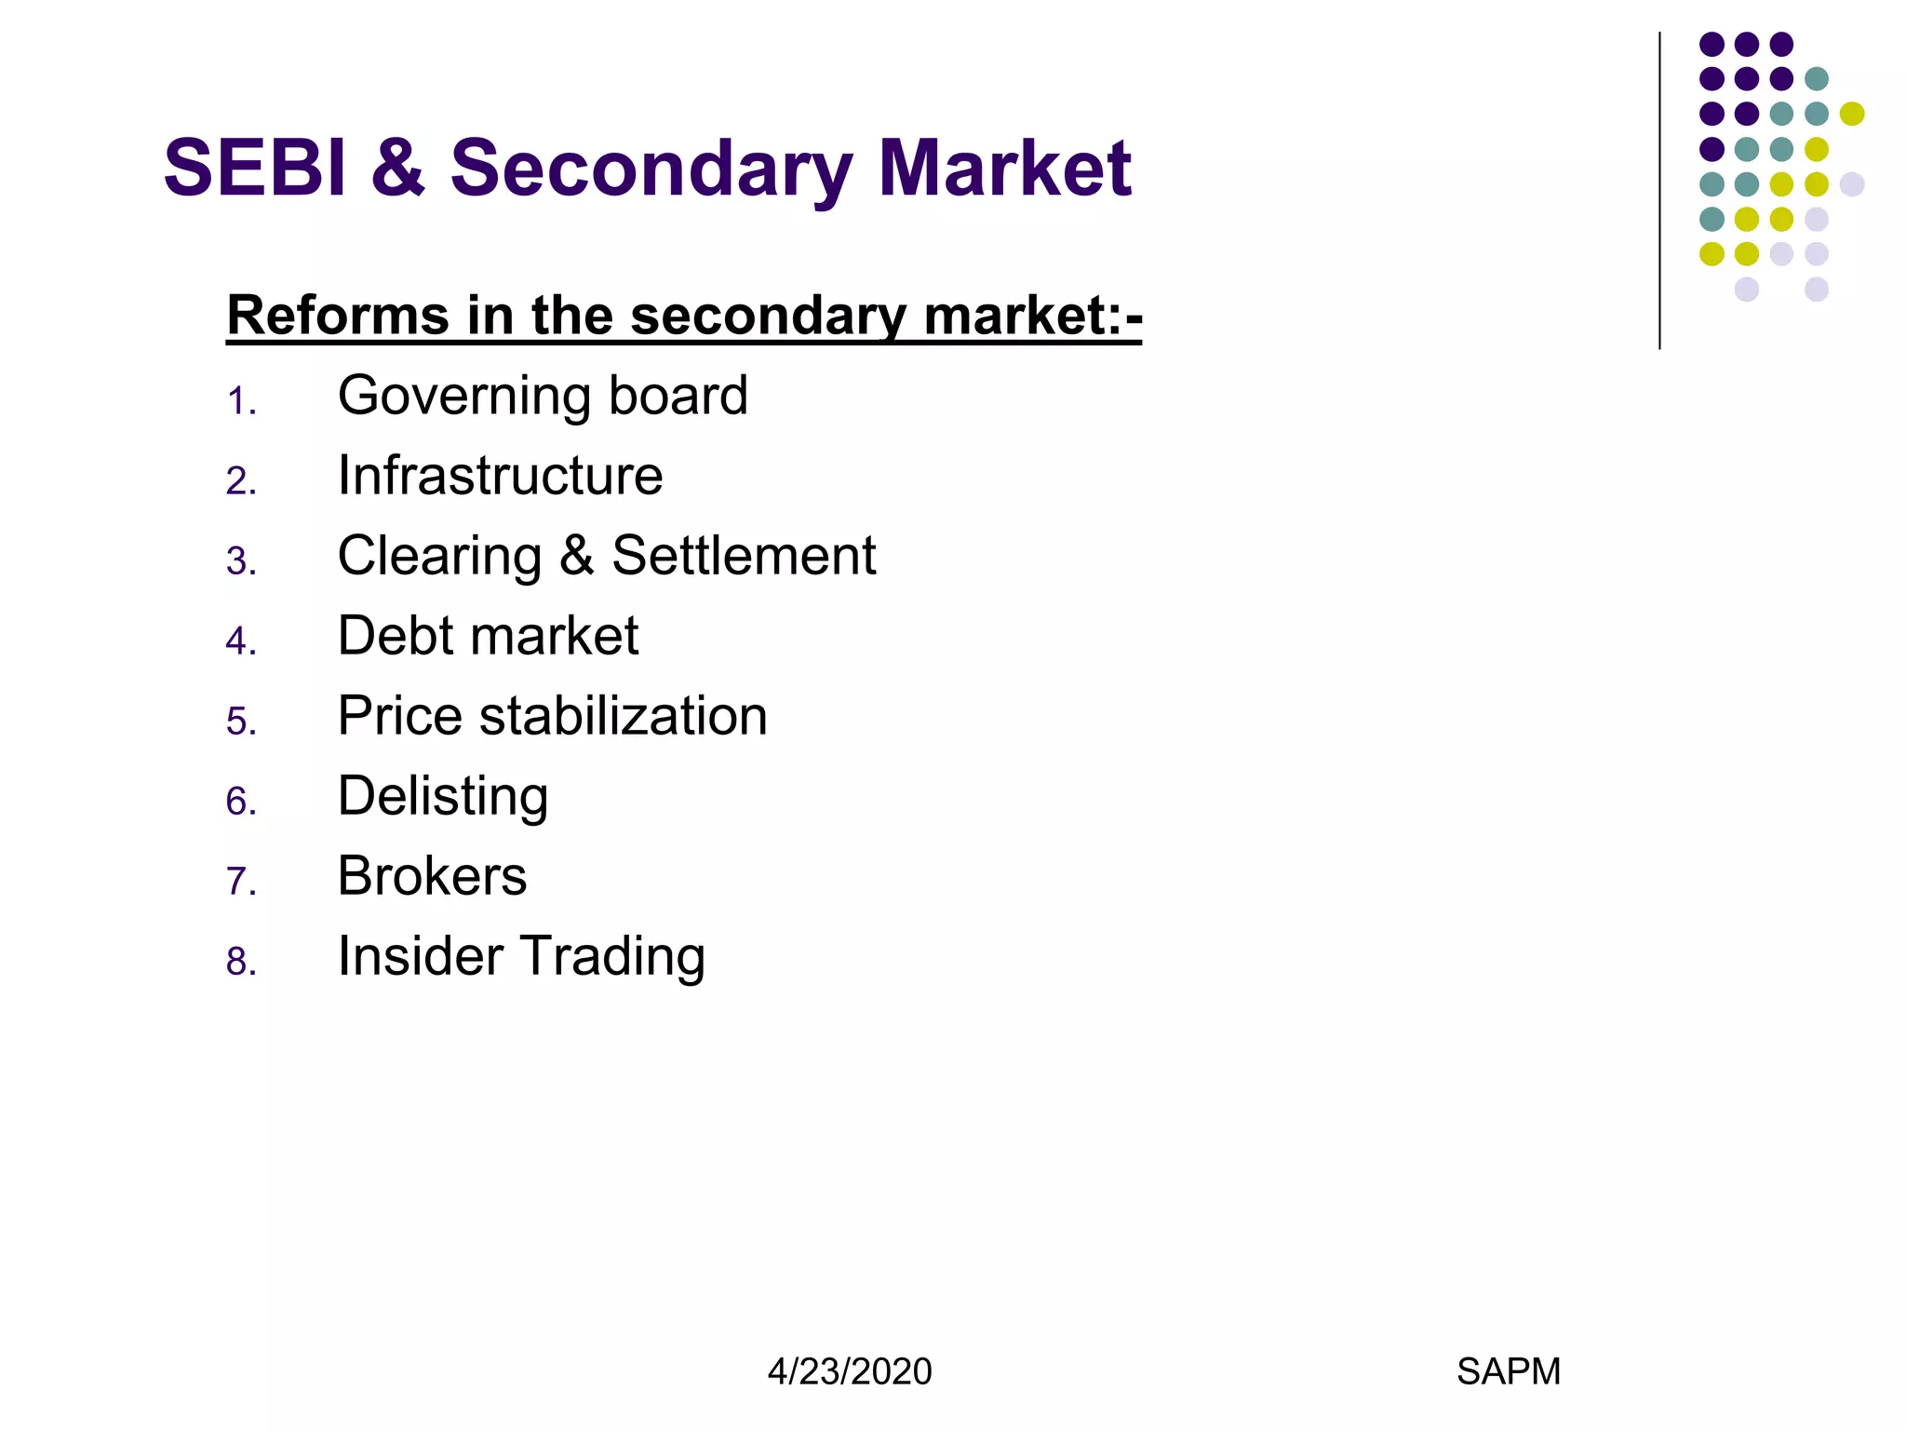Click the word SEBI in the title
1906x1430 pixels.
coord(254,169)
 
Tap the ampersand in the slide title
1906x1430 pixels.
coord(398,169)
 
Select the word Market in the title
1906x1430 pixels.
coord(1004,169)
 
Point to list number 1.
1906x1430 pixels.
coord(240,401)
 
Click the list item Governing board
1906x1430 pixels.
coord(543,397)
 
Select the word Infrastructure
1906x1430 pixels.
coord(500,476)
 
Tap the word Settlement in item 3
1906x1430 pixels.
coord(744,556)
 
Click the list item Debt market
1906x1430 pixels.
coord(488,636)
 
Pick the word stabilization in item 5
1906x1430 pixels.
coord(624,716)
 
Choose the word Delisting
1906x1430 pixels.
coord(443,797)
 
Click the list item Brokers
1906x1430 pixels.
coord(432,876)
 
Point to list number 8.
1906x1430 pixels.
coord(240,962)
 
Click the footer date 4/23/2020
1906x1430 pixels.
coord(849,1371)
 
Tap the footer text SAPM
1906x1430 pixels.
coord(1508,1371)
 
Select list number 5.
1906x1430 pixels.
coord(240,722)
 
